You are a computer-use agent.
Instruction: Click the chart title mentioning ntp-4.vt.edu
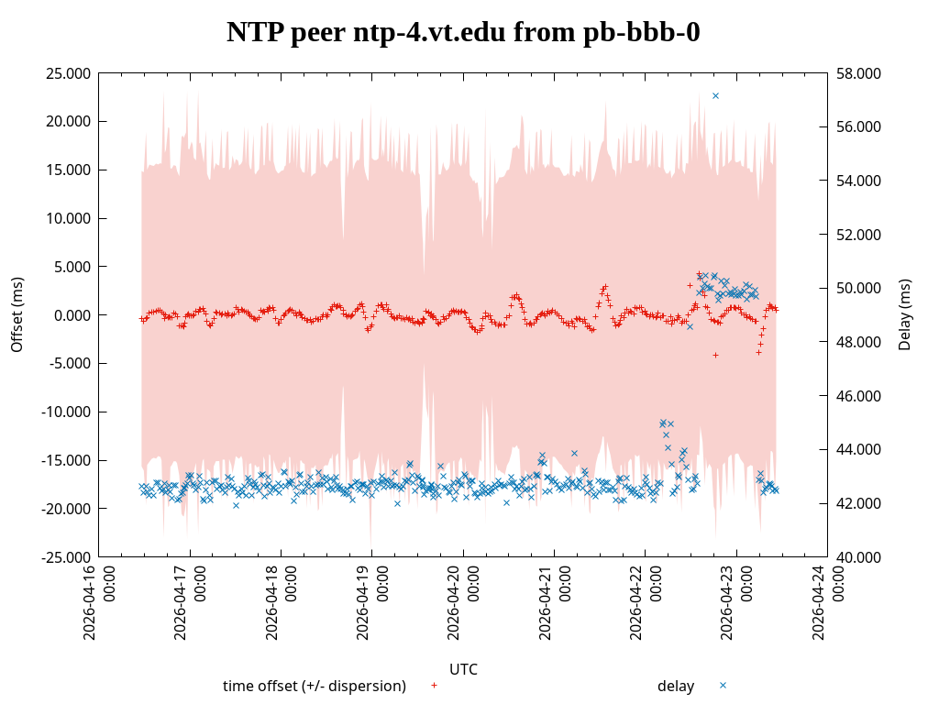[x=463, y=32]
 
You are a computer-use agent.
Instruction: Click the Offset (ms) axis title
[x=17, y=314]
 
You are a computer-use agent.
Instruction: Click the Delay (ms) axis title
[x=905, y=314]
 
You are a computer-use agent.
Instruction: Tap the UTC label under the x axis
[x=463, y=669]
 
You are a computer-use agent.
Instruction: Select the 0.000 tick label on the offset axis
[x=73, y=315]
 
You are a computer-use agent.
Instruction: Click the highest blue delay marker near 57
[x=715, y=95]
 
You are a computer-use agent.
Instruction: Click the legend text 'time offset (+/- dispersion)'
[x=315, y=686]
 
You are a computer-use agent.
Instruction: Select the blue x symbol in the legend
[x=723, y=685]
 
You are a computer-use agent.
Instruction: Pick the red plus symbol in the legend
[x=435, y=685]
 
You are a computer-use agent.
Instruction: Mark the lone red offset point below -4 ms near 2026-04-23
[x=715, y=355]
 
